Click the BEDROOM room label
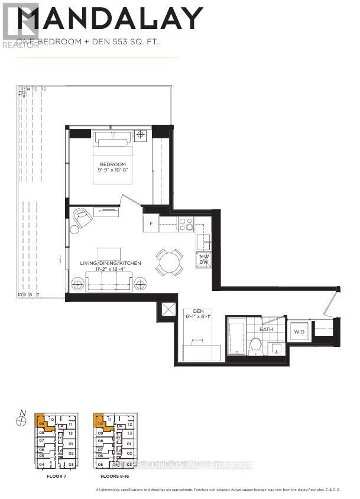[112, 164]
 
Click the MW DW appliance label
[203, 260]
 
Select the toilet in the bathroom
[255, 344]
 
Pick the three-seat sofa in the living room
[108, 281]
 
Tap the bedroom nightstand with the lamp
[141, 135]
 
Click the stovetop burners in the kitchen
[186, 223]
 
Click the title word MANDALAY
[109, 19]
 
